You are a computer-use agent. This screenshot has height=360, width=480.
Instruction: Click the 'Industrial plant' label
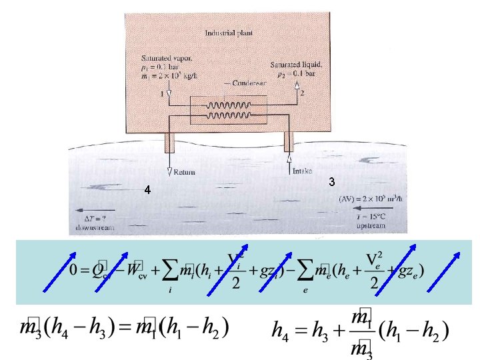click(x=229, y=32)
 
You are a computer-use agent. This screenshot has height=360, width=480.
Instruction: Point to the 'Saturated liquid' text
click(x=297, y=65)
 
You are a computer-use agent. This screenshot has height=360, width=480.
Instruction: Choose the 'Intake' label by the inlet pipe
click(x=302, y=171)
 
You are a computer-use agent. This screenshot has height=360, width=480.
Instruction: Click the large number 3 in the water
click(x=331, y=182)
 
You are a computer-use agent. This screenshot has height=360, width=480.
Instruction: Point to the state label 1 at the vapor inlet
click(x=162, y=94)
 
